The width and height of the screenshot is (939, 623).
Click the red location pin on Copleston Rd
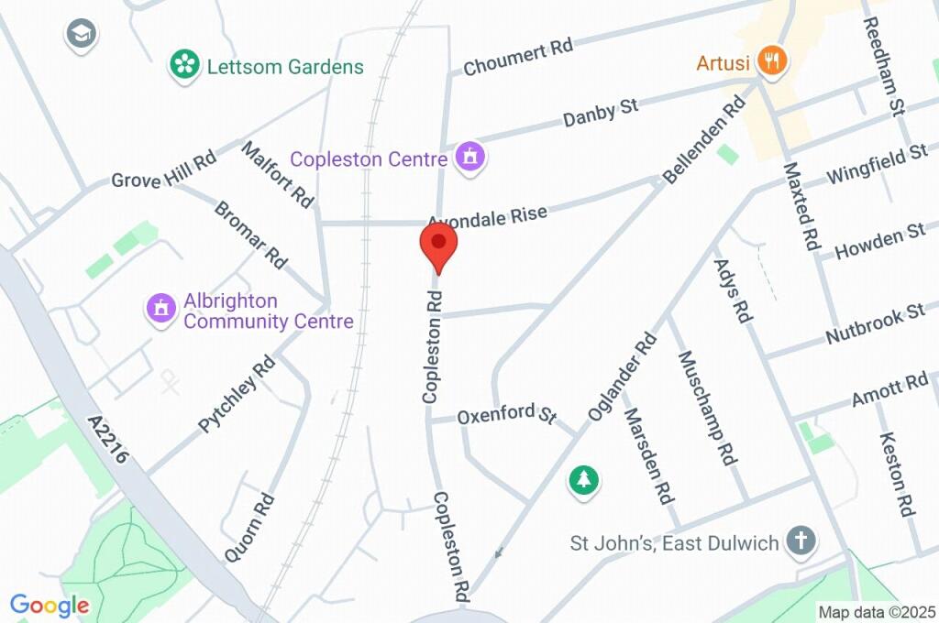(x=438, y=245)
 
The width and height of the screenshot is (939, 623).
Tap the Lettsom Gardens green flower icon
(x=185, y=65)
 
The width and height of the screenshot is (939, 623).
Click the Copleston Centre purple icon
(x=470, y=158)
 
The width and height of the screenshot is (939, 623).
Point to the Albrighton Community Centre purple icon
(x=161, y=309)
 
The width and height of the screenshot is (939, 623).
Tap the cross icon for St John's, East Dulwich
(x=801, y=542)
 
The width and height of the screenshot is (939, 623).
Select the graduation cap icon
(x=81, y=36)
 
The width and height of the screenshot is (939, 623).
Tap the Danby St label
(x=601, y=113)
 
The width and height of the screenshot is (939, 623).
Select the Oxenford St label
(x=507, y=414)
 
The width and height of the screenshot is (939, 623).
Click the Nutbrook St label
(x=875, y=323)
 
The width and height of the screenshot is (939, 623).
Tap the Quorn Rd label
(x=250, y=528)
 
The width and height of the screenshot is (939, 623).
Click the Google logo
(x=50, y=606)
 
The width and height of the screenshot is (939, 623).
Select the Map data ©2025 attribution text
(x=877, y=612)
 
